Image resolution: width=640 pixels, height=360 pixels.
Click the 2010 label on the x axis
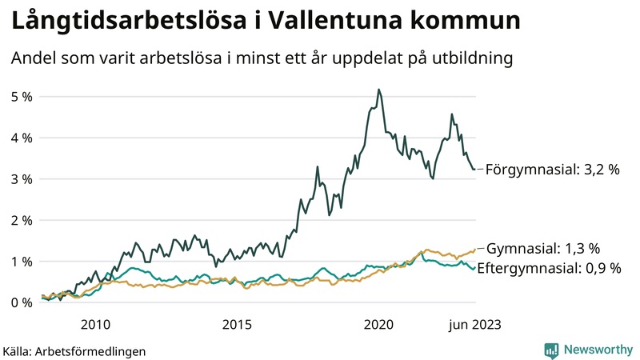pos(95,324)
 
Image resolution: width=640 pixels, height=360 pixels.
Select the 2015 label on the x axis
pos(237,324)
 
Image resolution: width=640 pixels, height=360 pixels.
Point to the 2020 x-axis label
pos(378,324)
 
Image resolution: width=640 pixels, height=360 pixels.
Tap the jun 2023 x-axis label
pos(474,324)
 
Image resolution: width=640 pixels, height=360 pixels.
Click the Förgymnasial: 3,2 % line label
pos(553,170)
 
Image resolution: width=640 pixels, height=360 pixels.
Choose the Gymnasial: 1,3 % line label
pos(543,249)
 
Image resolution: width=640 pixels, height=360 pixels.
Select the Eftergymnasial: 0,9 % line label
pos(549,269)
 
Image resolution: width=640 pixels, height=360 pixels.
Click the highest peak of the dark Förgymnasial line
pos(378,90)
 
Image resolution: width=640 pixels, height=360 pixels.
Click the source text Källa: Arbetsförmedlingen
pos(74,350)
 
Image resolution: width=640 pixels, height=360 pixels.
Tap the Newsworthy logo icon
pos(551,350)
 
